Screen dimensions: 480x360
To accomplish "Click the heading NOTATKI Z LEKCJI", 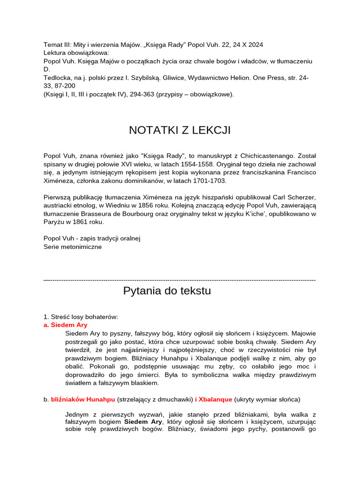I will tap(180, 130).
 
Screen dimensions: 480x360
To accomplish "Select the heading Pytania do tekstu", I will tap(167, 291).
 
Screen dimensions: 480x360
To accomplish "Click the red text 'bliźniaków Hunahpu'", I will tap(83, 399).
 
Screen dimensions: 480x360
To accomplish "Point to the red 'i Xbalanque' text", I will tap(213, 399).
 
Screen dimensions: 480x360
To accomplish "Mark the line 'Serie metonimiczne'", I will tap(73, 247).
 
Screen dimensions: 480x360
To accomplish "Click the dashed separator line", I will tap(180, 280).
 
